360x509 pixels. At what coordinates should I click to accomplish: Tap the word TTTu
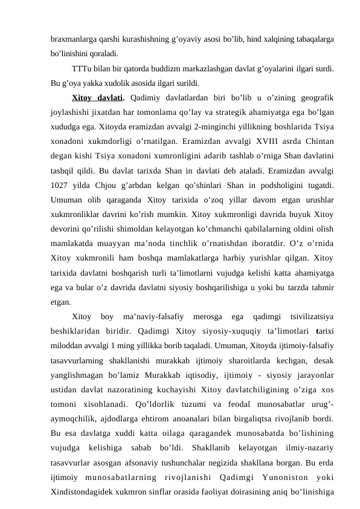tap(80, 68)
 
